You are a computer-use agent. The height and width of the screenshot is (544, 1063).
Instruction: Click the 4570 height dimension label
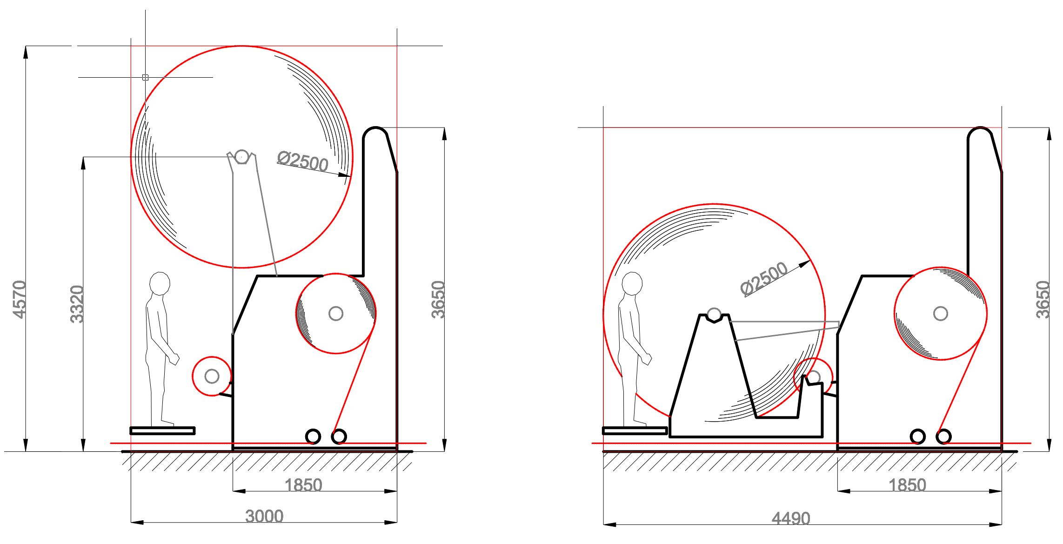point(19,300)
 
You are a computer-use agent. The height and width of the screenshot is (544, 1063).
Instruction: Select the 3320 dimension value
point(77,304)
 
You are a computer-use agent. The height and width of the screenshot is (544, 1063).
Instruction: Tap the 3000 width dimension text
point(264,517)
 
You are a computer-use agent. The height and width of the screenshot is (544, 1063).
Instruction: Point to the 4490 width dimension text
point(791,518)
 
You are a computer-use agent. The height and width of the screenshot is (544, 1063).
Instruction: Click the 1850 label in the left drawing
point(303,485)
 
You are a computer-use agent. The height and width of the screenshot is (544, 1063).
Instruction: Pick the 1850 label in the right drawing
point(907,485)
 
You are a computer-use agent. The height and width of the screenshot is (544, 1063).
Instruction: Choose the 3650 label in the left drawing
point(438,300)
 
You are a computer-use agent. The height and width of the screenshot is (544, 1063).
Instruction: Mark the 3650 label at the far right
point(1043,300)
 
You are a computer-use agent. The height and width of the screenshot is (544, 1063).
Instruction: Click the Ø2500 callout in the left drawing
point(303,161)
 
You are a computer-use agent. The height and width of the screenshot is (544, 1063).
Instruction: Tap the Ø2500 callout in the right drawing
point(764,278)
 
